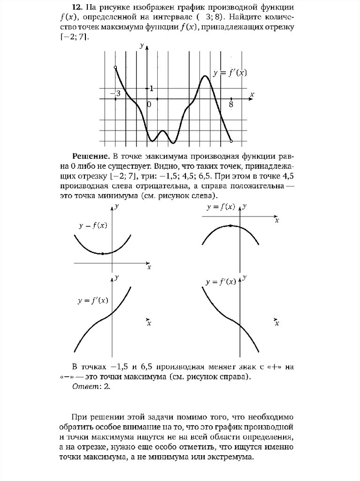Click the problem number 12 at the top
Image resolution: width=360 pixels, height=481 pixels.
(77, 8)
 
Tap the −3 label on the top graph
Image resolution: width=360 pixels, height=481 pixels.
(115, 93)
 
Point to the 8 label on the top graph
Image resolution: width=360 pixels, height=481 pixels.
(231, 104)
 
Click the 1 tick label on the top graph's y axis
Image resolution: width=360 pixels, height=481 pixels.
(151, 88)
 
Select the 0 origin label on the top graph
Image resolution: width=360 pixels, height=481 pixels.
(149, 104)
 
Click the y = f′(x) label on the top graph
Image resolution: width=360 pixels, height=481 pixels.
(230, 73)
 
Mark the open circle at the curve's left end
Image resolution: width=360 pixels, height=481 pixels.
(115, 68)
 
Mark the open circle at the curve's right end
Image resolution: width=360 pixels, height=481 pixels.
(231, 140)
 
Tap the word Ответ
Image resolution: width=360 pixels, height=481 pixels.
(83, 387)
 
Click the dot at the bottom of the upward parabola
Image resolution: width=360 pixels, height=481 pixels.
(102, 254)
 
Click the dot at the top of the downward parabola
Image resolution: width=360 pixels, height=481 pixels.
(230, 225)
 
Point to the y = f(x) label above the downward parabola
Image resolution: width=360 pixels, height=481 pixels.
(221, 207)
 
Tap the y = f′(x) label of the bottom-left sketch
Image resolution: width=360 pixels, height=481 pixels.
(93, 301)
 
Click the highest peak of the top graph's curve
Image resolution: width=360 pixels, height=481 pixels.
(205, 76)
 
